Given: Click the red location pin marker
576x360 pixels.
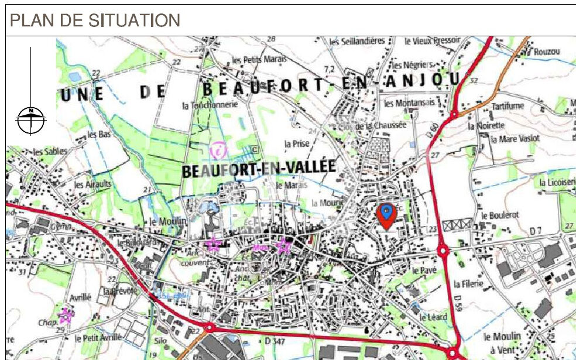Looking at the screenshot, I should pyautogui.click(x=386, y=214).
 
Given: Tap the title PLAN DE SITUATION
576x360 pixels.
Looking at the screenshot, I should pyautogui.click(x=95, y=20).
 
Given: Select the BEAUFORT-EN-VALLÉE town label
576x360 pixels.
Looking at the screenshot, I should pyautogui.click(x=259, y=169).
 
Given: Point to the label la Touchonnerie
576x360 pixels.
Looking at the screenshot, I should pyautogui.click(x=210, y=105).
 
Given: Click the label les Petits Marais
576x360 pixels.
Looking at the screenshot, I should pyautogui.click(x=258, y=60).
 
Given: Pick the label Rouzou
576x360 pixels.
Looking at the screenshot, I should pyautogui.click(x=547, y=52).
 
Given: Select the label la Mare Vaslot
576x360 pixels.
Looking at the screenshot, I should pyautogui.click(x=515, y=139).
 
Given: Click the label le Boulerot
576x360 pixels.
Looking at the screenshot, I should pyautogui.click(x=500, y=215).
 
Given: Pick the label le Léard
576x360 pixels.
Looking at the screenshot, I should pyautogui.click(x=433, y=317).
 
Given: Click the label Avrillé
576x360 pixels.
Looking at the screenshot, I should pyautogui.click(x=81, y=297).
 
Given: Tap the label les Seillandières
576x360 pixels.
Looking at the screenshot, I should pyautogui.click(x=357, y=41).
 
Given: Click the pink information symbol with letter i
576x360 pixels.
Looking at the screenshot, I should pyautogui.click(x=218, y=150).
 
